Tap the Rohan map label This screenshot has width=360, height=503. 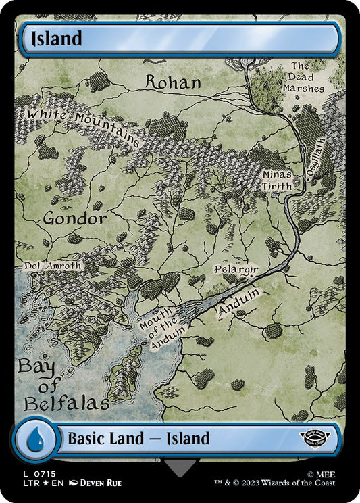click(x=174, y=82)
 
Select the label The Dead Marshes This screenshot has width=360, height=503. click(x=307, y=77)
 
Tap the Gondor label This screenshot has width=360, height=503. click(x=75, y=219)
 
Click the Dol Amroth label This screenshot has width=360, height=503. click(x=53, y=266)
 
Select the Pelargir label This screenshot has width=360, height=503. click(x=236, y=269)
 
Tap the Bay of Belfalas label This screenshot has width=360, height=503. click(x=63, y=385)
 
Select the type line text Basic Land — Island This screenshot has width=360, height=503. click(x=138, y=439)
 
